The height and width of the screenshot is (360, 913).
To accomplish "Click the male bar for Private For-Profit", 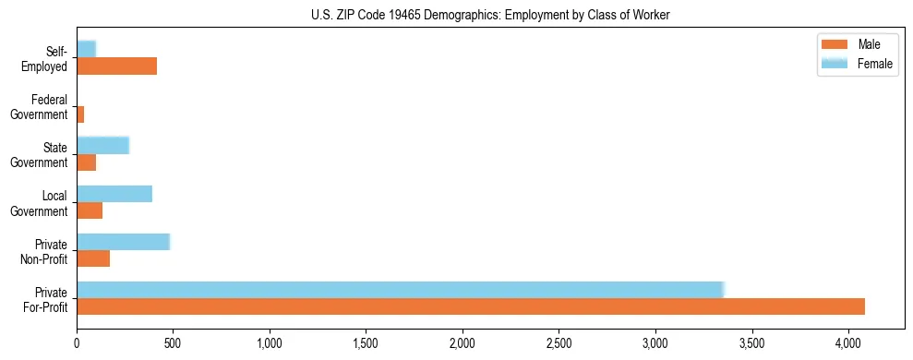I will pos(471,306).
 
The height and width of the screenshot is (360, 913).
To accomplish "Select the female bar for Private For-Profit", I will pos(401,290).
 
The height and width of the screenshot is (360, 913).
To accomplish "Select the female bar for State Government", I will pos(102,145).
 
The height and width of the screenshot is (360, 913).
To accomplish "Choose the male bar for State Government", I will pos(87,162).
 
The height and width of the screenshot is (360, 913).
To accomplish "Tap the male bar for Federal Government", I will pos(80,114).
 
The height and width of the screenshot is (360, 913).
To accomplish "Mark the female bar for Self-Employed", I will pos(86,49).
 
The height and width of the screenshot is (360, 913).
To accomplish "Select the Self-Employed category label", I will pos(46,59).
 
